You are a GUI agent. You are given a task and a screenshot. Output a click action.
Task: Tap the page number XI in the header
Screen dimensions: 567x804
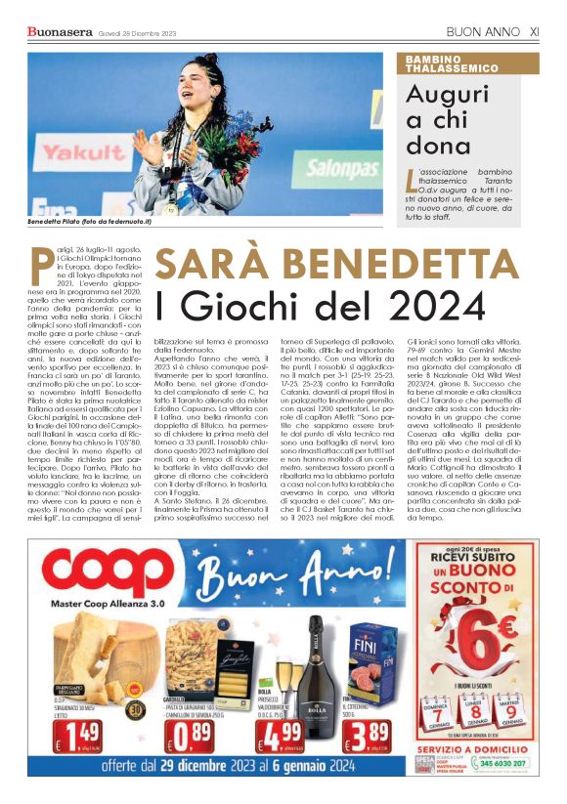coord(534,32)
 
